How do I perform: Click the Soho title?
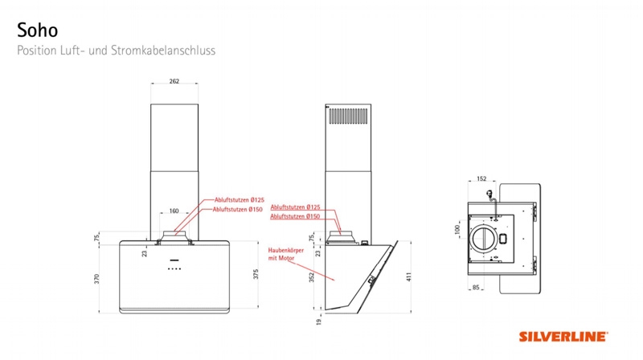coord(37,31)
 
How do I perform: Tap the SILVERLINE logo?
coord(563,337)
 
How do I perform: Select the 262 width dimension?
coord(174,81)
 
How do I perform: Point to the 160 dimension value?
coord(174,211)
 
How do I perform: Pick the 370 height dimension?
coord(96,279)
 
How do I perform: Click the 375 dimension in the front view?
coord(256,274)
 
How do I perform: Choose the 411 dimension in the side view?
coord(408,276)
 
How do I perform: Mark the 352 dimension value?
coord(311,277)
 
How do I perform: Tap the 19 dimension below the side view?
coord(319,322)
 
